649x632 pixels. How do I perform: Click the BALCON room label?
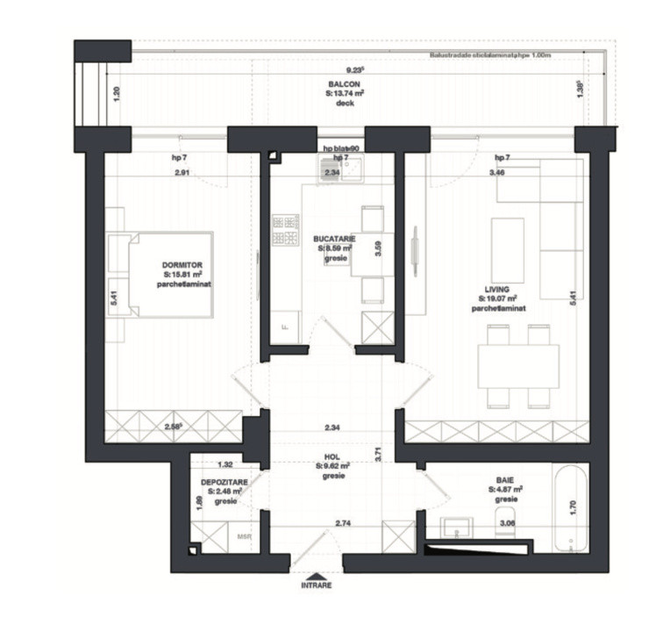pyautogui.click(x=344, y=83)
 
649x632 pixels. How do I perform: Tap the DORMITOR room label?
pyautogui.click(x=182, y=264)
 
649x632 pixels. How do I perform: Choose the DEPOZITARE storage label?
pyautogui.click(x=224, y=483)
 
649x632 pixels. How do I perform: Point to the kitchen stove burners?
pyautogui.click(x=285, y=230)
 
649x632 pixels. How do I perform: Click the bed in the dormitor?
pyautogui.click(x=171, y=274)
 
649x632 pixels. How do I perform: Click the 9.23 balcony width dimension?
pyautogui.click(x=354, y=69)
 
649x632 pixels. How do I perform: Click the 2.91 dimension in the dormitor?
pyautogui.click(x=182, y=173)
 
